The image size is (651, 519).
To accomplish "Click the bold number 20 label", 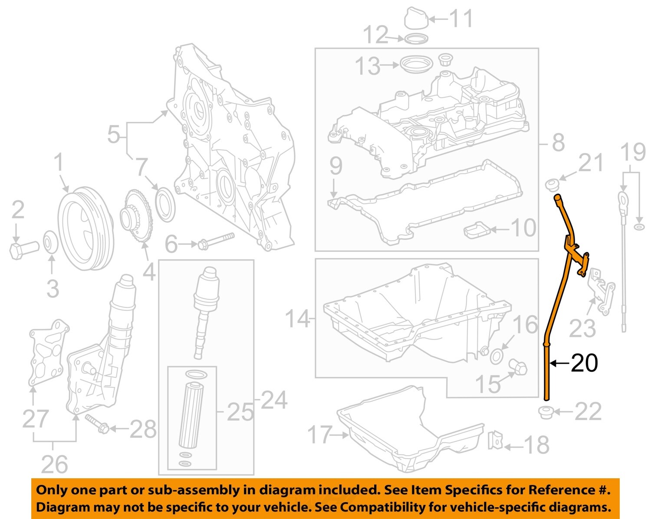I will coord(584,363).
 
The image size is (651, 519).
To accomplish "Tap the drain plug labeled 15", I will coord(519,367).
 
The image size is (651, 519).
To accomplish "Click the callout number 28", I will coord(143,429).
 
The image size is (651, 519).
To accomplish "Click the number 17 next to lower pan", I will coord(320,434).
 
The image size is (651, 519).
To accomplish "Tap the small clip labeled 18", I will coord(495,441).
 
